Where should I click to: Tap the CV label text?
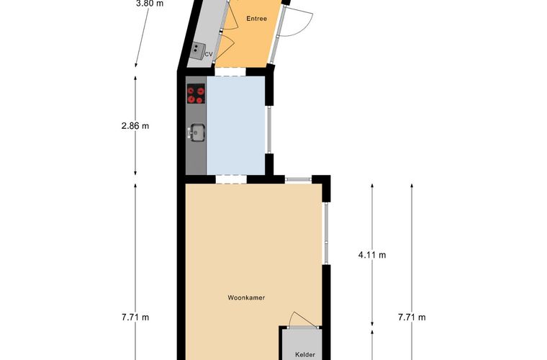pos(209,54)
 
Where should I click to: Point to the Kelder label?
pos(305,355)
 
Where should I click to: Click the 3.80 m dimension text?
pos(150,3)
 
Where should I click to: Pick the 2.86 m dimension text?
pos(135,125)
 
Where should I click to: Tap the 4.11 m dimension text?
pos(372,255)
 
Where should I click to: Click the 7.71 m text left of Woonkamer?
pos(135,317)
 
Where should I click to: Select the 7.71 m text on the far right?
pos(412,317)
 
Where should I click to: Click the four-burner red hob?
pos(195,94)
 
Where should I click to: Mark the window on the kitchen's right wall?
pos(271,130)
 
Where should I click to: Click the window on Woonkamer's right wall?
pos(325,234)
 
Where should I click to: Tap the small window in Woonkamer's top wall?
pos(297,179)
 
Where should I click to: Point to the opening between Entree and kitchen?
pos(230,71)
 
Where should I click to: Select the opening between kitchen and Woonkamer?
pos(226,179)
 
